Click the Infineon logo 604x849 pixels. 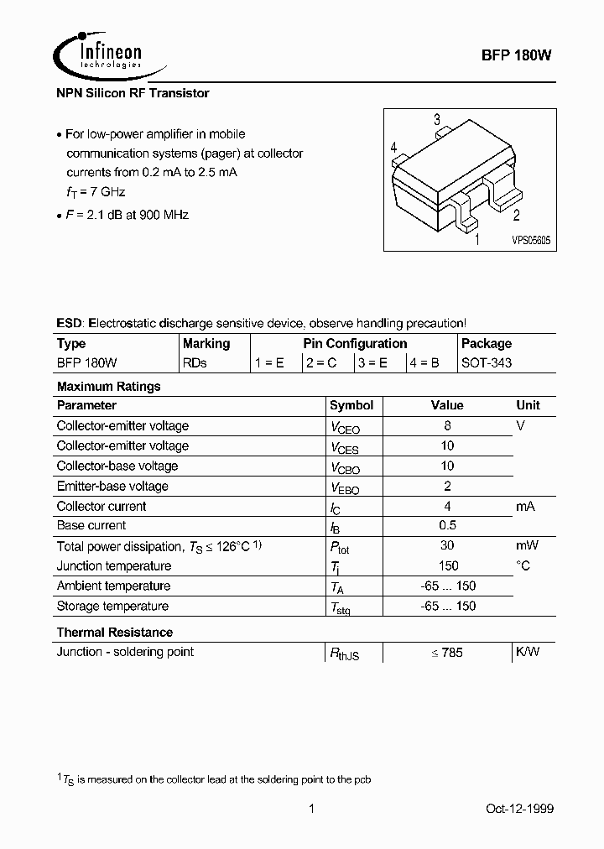pos(99,54)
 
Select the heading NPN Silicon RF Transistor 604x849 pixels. pos(133,93)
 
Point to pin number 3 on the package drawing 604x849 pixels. pos(437,120)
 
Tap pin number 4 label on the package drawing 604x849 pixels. pos(393,148)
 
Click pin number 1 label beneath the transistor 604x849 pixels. pos(477,240)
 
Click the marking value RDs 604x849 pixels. pos(195,363)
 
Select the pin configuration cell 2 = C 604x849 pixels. pos(322,363)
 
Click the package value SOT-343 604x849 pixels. pos(487,363)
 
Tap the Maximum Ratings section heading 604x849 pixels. pos(108,387)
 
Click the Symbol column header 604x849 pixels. pos(351,405)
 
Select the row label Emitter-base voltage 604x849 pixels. pos(112,486)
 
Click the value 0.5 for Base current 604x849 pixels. pos(447,526)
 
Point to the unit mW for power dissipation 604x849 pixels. pos(527,546)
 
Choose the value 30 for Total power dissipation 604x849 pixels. pos(447,546)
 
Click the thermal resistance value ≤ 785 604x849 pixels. pos(447,653)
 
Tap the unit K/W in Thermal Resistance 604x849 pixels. pos(527,652)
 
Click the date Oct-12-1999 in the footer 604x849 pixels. pos(519,809)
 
